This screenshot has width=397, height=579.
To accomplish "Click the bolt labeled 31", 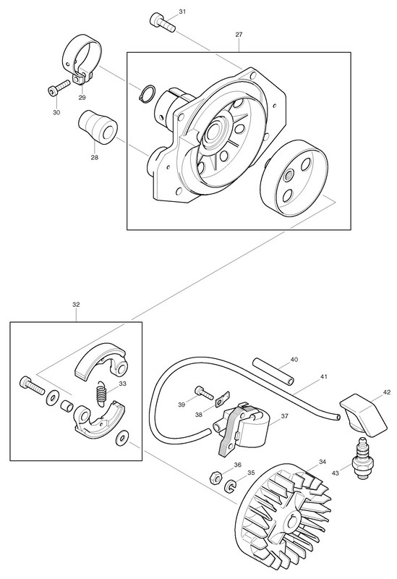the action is (x=162, y=22).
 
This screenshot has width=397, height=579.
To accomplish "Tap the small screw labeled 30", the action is (x=59, y=87).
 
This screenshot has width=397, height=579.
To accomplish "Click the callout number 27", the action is (x=239, y=34).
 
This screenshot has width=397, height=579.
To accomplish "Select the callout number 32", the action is (x=76, y=305).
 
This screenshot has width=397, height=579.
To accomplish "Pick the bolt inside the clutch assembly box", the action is (x=31, y=386).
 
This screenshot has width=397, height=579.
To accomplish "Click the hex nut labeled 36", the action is (x=215, y=478).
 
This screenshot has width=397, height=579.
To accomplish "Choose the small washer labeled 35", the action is (x=230, y=486).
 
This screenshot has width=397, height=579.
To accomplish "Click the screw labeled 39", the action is (x=204, y=393).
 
